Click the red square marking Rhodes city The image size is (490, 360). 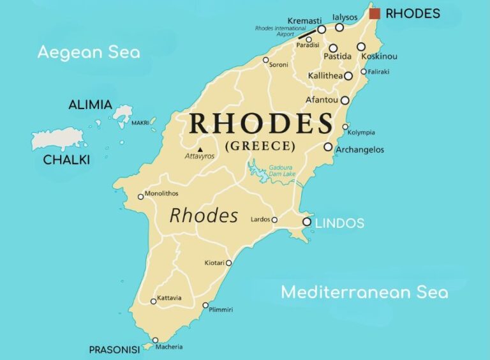375,13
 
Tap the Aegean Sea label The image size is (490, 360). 88,52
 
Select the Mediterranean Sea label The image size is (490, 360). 364,292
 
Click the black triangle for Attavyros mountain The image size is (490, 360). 200,149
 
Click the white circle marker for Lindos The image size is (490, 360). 307,222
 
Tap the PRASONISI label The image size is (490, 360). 114,350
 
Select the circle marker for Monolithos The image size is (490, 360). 141,197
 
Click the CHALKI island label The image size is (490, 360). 66,160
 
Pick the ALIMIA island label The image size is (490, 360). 90,105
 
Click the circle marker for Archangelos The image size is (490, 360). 328,147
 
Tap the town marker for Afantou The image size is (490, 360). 345,100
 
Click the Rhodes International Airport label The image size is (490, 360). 275,31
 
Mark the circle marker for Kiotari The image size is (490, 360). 228,262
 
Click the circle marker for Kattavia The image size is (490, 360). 153,301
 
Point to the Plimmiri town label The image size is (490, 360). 221,310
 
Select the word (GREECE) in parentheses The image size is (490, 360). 260,146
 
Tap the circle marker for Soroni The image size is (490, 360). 266,60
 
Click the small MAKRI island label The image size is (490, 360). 140,123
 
